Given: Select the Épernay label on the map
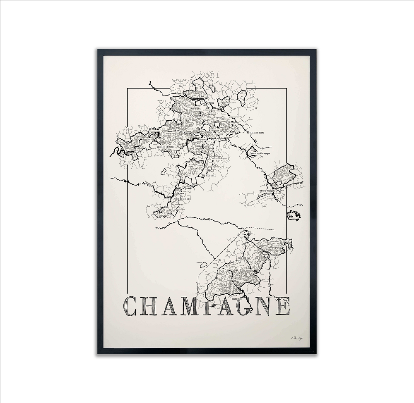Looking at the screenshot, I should (202, 140).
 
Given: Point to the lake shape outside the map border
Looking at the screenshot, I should (294, 215).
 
